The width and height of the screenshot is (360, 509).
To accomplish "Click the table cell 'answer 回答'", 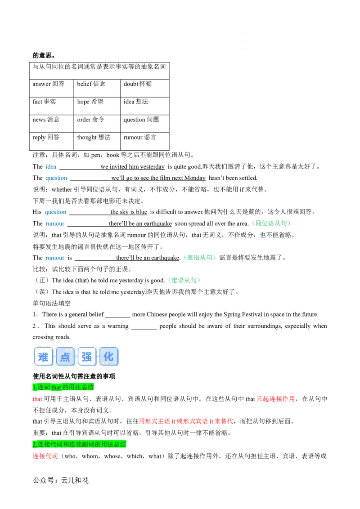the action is [51, 88].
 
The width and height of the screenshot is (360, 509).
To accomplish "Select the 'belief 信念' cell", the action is [97, 88].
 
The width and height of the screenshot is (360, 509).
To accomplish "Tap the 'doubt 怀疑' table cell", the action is [145, 88].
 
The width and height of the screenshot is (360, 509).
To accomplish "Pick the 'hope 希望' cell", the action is [97, 106].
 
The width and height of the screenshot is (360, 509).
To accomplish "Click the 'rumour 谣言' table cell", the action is [145, 141].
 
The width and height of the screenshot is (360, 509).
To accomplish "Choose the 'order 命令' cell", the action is [97, 124].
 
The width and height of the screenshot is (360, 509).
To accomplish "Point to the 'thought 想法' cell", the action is [97, 141].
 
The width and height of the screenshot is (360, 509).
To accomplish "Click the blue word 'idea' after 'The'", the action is [51, 166].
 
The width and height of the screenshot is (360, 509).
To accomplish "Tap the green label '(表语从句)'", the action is [199, 257].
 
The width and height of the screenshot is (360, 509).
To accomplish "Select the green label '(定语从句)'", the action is [184, 280].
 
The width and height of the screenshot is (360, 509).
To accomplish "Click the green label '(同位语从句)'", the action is [271, 223].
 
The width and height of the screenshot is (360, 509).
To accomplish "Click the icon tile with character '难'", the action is [43, 357].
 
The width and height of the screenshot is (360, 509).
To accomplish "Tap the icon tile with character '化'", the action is [109, 357].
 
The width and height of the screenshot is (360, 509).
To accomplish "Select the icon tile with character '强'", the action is [87, 357].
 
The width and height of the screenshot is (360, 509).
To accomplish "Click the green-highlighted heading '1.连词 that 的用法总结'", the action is [63, 387].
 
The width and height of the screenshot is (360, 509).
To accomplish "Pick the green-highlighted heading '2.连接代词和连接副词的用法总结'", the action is [79, 444].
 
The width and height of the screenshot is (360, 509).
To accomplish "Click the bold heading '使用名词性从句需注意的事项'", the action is [74, 376].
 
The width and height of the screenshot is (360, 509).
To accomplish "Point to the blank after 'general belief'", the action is [117, 315].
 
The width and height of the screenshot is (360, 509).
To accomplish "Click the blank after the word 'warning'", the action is [144, 326].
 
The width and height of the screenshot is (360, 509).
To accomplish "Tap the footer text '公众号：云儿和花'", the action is [61, 480].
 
